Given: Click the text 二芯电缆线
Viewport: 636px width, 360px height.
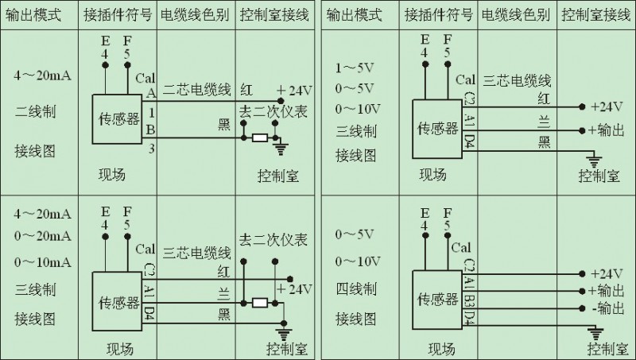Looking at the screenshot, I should point(196,91).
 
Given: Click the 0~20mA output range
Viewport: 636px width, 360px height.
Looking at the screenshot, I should point(42,236).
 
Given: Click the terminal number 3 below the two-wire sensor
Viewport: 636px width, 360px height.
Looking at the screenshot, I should point(150,148).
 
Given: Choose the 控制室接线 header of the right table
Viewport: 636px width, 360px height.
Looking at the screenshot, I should point(591,14).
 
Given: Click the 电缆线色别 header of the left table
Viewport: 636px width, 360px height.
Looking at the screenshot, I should point(196,14).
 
